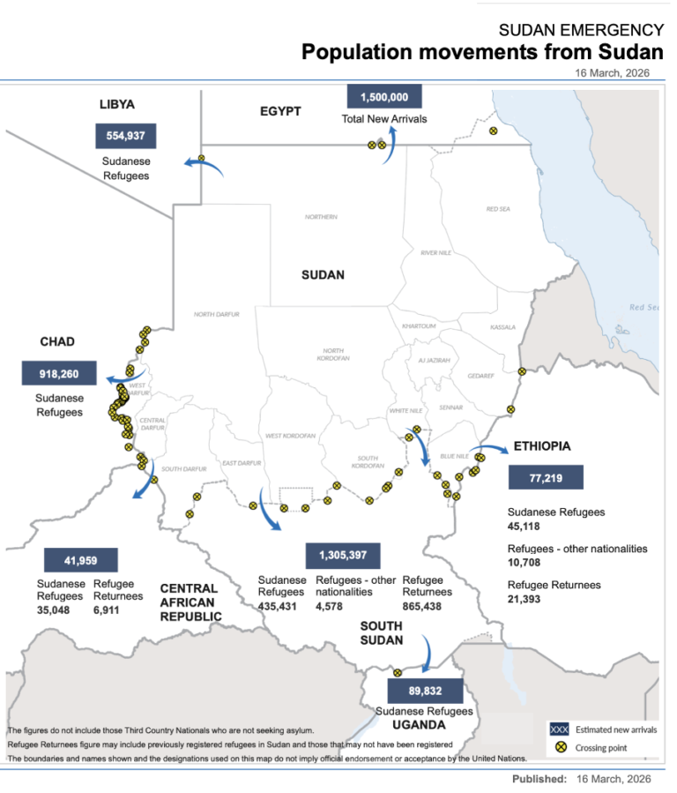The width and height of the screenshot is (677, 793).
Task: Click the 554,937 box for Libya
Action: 125,136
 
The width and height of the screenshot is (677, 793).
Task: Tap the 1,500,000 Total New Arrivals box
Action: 384,97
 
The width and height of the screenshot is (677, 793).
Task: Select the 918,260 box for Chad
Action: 58,373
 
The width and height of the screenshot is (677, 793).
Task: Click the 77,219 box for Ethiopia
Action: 546,477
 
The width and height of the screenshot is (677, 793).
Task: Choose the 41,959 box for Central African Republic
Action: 80,559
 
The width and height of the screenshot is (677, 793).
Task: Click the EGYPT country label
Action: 280,111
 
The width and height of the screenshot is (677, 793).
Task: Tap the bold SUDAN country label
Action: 323,274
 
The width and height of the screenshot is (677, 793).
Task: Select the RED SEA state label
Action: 498,209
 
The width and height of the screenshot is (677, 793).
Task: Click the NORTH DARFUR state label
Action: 216,314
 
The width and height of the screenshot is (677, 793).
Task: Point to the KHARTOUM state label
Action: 419,326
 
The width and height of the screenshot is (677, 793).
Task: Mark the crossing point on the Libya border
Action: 201,160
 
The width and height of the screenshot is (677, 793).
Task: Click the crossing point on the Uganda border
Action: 397,672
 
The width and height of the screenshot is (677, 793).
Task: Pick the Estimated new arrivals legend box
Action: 557,729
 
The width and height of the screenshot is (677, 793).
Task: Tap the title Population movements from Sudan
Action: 482,52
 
